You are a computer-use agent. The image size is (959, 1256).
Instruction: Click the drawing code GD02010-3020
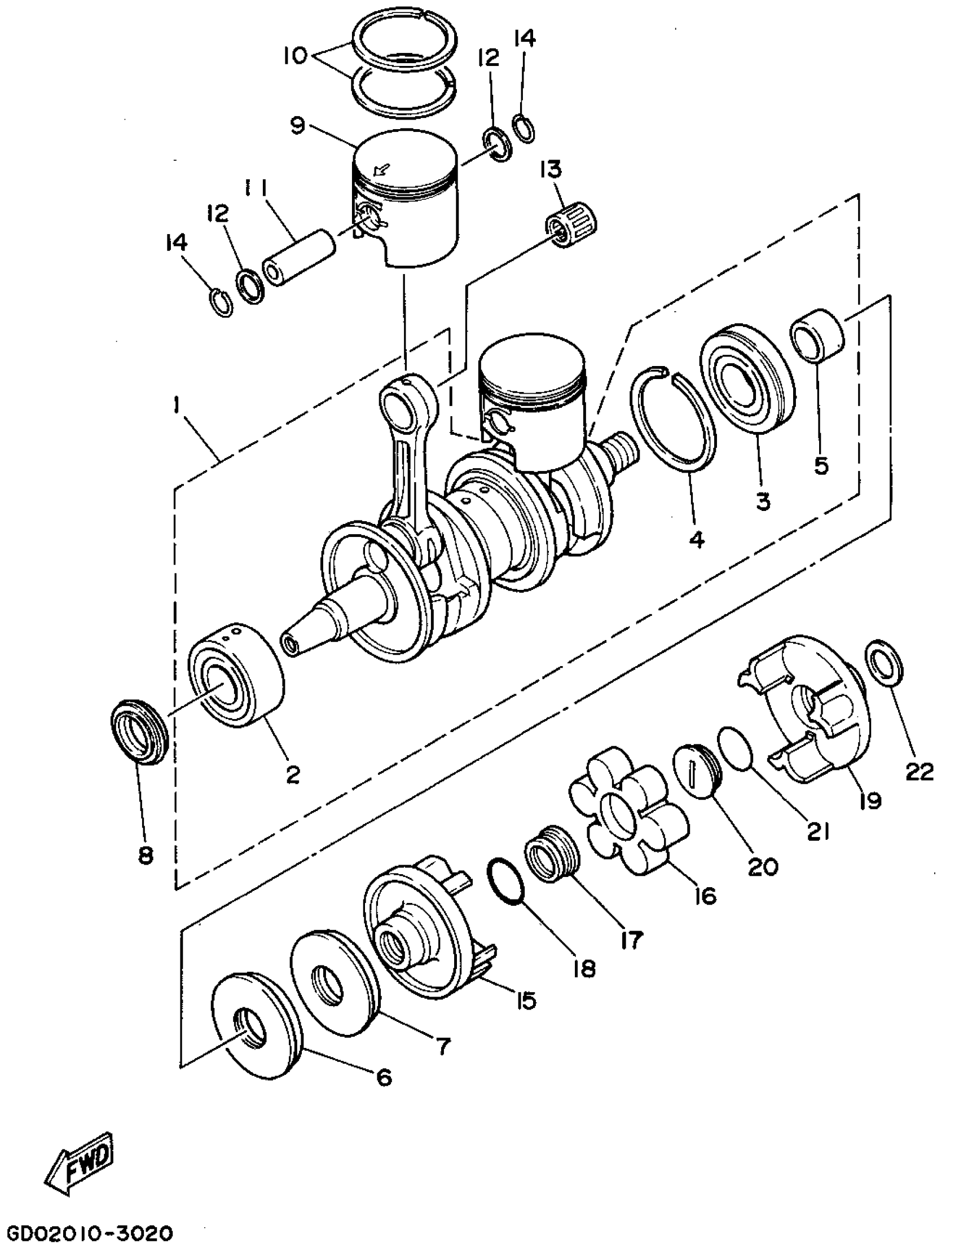pos(89,1234)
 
